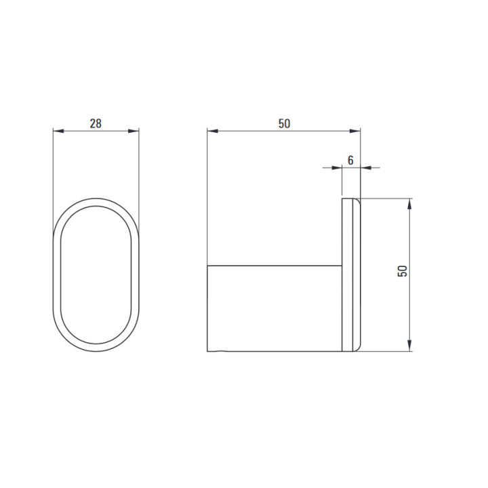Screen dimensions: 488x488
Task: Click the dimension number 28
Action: [x=96, y=124]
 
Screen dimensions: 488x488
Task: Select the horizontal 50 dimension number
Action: [x=284, y=124]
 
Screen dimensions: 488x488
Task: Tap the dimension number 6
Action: [x=350, y=160]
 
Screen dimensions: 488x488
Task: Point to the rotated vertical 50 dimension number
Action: [x=402, y=270]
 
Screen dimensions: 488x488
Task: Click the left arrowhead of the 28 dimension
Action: [x=58, y=131]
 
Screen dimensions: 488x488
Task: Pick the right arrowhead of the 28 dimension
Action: [x=134, y=131]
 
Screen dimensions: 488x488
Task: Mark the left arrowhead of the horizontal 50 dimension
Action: [x=213, y=131]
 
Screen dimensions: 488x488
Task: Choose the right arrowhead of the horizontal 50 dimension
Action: [x=354, y=131]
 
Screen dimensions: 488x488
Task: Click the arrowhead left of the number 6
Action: [x=337, y=168]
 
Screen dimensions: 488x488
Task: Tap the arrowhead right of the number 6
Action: [x=366, y=168]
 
